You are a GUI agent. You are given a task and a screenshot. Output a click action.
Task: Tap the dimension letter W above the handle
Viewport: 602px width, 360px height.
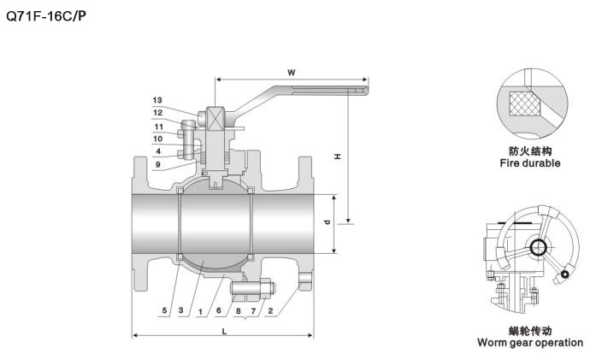click(291, 73)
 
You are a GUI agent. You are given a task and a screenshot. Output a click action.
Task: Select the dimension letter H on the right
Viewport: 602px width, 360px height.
click(337, 156)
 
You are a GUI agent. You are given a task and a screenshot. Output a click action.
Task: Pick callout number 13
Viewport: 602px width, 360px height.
click(158, 100)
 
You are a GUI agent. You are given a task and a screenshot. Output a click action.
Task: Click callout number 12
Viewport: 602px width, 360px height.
click(158, 113)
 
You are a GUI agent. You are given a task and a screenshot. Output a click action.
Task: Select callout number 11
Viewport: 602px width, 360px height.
click(158, 127)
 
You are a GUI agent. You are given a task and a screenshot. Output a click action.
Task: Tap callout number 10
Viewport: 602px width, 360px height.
click(158, 139)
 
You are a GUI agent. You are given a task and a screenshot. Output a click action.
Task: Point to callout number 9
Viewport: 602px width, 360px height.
click(158, 164)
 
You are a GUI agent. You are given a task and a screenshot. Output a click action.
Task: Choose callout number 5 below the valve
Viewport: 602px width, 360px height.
click(164, 311)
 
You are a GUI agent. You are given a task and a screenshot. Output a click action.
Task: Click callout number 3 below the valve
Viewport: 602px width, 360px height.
click(180, 311)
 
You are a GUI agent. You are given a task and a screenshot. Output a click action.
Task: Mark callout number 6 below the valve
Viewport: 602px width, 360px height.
click(219, 311)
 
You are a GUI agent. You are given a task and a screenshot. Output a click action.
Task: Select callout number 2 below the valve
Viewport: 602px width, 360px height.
click(271, 311)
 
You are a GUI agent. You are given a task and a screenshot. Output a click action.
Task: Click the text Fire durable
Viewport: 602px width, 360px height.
click(530, 162)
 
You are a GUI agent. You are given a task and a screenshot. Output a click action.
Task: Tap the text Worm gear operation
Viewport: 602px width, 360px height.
click(530, 343)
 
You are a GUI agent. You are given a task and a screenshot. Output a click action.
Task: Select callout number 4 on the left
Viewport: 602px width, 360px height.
click(158, 151)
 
